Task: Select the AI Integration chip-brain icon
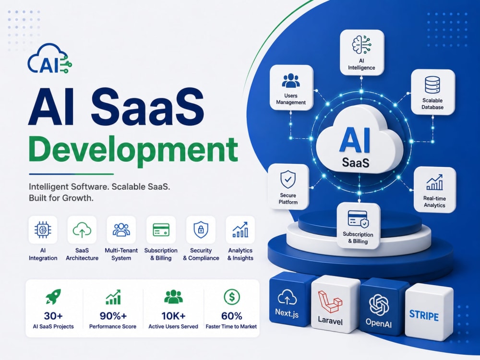(x=43, y=230)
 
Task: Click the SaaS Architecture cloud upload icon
(x=82, y=230)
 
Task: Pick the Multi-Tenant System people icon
(x=121, y=229)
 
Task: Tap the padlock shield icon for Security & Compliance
(x=201, y=229)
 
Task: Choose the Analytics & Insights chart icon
(x=240, y=229)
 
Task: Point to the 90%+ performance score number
(x=113, y=316)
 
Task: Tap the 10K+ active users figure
(x=173, y=316)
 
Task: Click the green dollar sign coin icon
(x=232, y=297)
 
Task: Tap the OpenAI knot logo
(x=379, y=304)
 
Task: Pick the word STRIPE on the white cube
(x=424, y=316)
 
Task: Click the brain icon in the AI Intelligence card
(x=361, y=45)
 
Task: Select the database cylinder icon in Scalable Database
(x=432, y=84)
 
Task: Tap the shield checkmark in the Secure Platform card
(x=288, y=180)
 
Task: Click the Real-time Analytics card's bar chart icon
(x=434, y=182)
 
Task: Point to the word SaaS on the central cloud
(x=355, y=162)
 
